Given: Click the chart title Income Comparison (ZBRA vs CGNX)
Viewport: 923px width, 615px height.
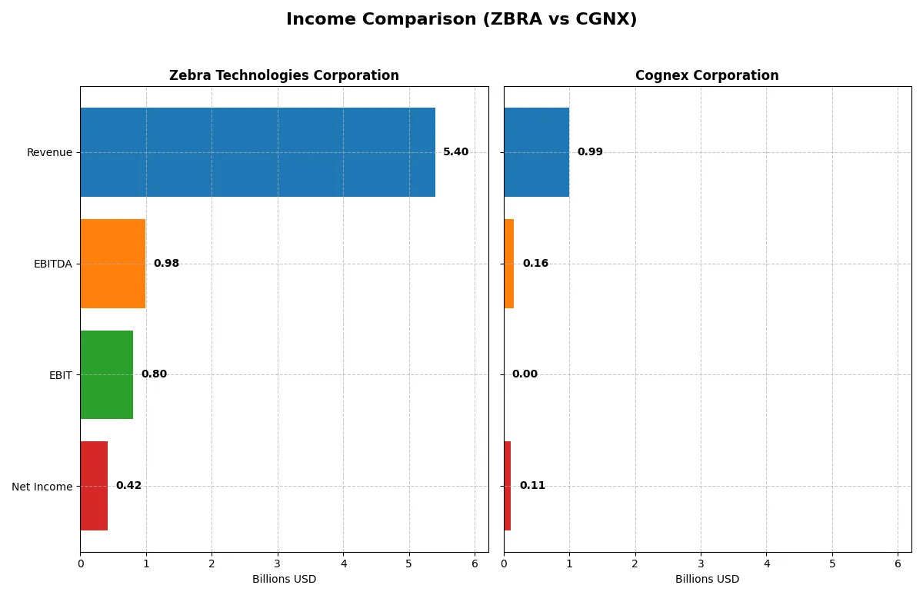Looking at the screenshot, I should tap(461, 20).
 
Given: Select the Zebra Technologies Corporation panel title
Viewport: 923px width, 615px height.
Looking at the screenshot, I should tap(284, 75).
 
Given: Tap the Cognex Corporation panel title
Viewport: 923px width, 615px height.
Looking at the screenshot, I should tap(707, 75).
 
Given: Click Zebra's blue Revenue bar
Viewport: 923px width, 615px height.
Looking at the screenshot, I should tap(258, 152).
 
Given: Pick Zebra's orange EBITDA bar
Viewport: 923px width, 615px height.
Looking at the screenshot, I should tap(113, 264).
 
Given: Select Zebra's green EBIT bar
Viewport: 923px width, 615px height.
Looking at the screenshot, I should tap(107, 374).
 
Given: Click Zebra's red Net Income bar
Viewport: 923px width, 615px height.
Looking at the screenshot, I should tap(94, 486).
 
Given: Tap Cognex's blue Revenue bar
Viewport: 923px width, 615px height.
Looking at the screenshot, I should tap(536, 152).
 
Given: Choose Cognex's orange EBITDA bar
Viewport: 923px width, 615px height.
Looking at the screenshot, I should tap(509, 264).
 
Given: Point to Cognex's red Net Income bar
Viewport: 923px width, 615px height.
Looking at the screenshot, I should tap(508, 486).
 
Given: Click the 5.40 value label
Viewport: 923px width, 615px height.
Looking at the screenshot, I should tap(455, 152).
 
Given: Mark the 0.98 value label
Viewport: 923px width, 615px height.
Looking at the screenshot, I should tap(166, 264).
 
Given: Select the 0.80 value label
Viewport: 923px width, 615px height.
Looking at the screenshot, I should tap(154, 374).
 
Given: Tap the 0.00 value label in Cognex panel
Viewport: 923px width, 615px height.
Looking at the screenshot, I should tap(525, 374).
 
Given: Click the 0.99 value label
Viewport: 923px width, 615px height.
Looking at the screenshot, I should tap(590, 152).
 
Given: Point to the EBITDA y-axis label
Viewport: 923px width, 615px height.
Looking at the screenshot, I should tap(52, 264).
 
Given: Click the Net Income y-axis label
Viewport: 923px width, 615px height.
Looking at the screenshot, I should tap(42, 486).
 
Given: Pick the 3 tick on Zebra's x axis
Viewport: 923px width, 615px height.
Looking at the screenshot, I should tap(278, 563).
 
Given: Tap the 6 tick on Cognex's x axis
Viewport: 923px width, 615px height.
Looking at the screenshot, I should tap(898, 563).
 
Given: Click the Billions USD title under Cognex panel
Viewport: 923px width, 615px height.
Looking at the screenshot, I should tap(707, 579).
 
